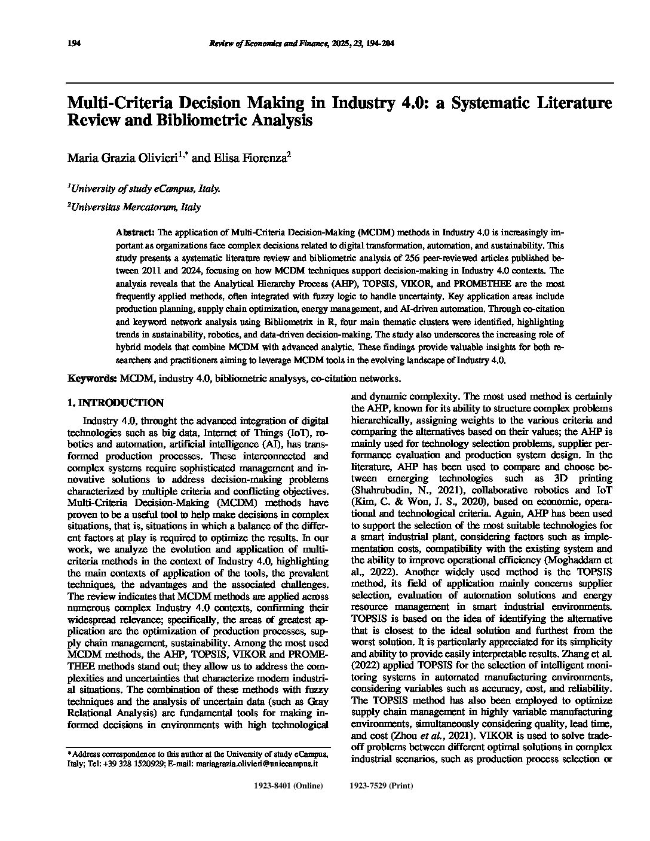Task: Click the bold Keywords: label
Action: (x=92, y=378)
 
